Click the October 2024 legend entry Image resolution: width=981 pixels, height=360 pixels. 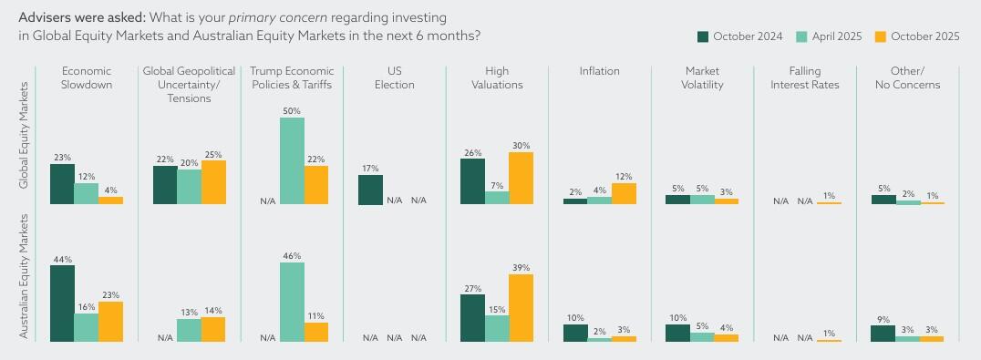[x=739, y=36]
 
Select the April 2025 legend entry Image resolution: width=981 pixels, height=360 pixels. [x=829, y=36]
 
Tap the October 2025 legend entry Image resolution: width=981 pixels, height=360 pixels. [x=917, y=36]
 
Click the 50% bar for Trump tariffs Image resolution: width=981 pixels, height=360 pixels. [x=292, y=160]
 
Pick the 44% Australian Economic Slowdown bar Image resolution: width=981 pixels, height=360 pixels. [x=62, y=303]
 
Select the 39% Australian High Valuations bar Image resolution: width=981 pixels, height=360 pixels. [x=521, y=308]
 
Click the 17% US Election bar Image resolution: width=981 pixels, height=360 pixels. [x=370, y=190]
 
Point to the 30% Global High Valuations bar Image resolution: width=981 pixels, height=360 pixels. [x=521, y=178]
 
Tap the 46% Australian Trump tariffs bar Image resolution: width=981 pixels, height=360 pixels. [x=292, y=302]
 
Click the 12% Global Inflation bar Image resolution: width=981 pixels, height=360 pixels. [x=624, y=193]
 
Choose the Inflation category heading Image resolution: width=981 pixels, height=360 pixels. [x=599, y=71]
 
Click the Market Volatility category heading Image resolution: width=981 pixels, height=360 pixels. [x=702, y=77]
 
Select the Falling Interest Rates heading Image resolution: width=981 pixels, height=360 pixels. [x=804, y=77]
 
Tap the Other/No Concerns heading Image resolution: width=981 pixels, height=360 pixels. [x=907, y=77]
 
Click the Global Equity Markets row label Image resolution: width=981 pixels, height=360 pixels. [x=25, y=135]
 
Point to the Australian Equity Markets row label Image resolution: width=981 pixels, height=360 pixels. [x=25, y=276]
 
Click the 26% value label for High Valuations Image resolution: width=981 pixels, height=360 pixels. [x=472, y=152]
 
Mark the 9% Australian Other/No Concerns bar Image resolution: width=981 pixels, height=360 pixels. [x=883, y=333]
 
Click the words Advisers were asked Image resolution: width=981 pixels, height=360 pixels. [x=81, y=17]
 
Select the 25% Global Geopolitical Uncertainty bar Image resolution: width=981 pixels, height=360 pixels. [x=212, y=182]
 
